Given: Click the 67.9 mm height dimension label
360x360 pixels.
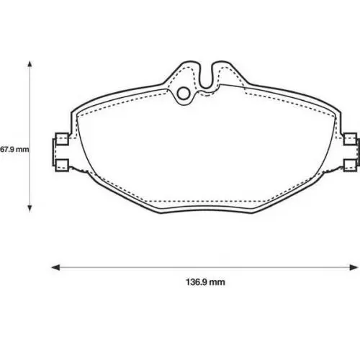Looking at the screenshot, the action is point(14,150).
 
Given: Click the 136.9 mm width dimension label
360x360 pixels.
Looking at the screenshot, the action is point(205,282).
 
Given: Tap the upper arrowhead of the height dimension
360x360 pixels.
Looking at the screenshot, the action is point(30,64).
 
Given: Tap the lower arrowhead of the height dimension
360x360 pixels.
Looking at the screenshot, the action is point(30,209).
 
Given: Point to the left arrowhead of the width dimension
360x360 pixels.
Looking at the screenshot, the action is point(55,267).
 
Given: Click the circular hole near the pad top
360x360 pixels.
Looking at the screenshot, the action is point(184,94).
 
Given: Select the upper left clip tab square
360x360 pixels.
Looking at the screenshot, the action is point(62,139).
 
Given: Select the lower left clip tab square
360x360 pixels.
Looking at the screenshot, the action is point(62,166).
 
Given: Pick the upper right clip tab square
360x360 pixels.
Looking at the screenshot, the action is point(350,139).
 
